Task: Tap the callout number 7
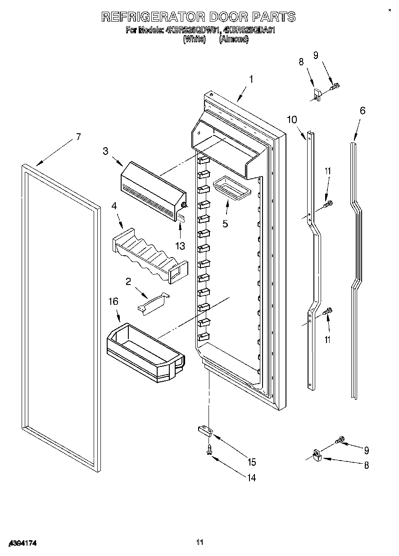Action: (x=78, y=137)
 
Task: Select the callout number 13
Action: (x=180, y=245)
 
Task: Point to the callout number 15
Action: (x=251, y=462)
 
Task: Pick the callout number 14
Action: (x=251, y=478)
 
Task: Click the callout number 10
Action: (x=292, y=119)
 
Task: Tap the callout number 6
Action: (x=362, y=111)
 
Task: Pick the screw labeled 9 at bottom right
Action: (x=340, y=438)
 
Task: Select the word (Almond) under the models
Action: (x=233, y=39)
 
